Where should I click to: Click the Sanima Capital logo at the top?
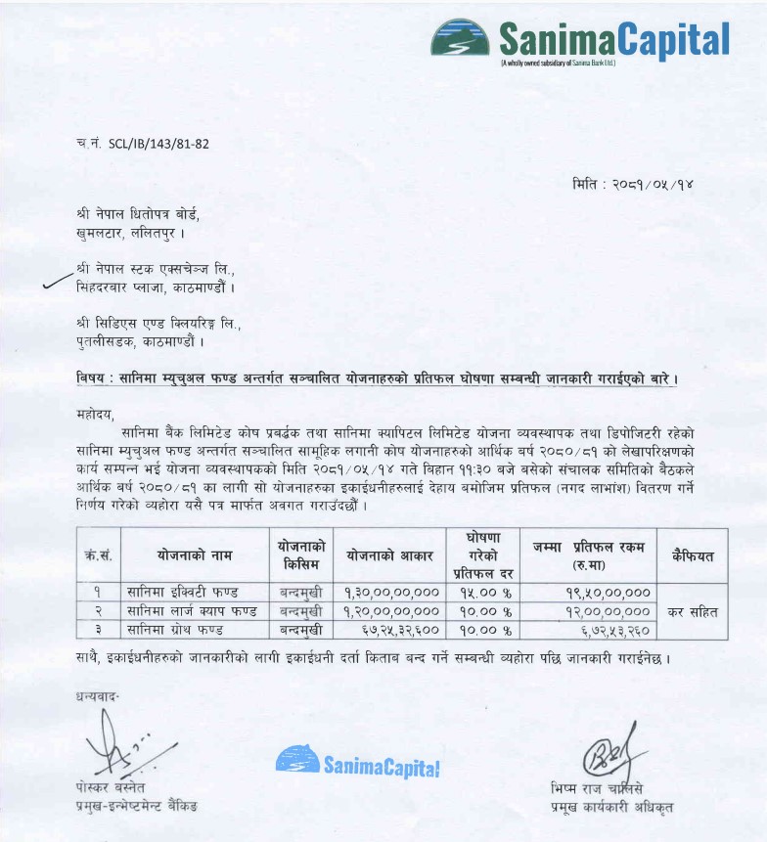(580, 40)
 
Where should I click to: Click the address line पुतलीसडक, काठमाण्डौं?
(139, 342)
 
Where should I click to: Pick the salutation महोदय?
(96, 413)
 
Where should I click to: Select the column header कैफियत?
(694, 555)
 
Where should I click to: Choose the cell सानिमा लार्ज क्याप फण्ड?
(192, 611)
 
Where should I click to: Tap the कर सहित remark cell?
(694, 611)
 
